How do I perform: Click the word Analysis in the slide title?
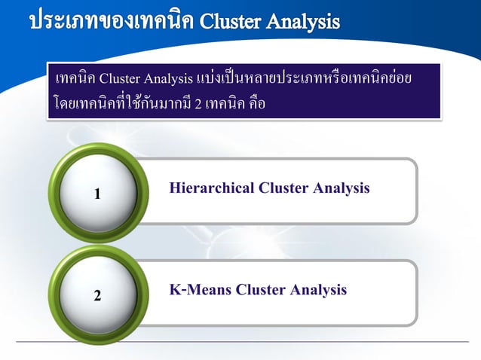(x=305, y=20)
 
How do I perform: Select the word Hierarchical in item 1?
(x=213, y=188)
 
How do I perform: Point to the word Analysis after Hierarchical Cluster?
(x=342, y=188)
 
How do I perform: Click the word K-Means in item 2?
(x=199, y=289)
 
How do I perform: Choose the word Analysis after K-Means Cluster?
(x=319, y=289)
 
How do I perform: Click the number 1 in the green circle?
(x=97, y=194)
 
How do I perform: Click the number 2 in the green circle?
(x=97, y=296)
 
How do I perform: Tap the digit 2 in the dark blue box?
(x=198, y=105)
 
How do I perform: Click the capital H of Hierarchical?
(x=176, y=188)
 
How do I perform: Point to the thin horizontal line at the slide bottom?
(x=241, y=343)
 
